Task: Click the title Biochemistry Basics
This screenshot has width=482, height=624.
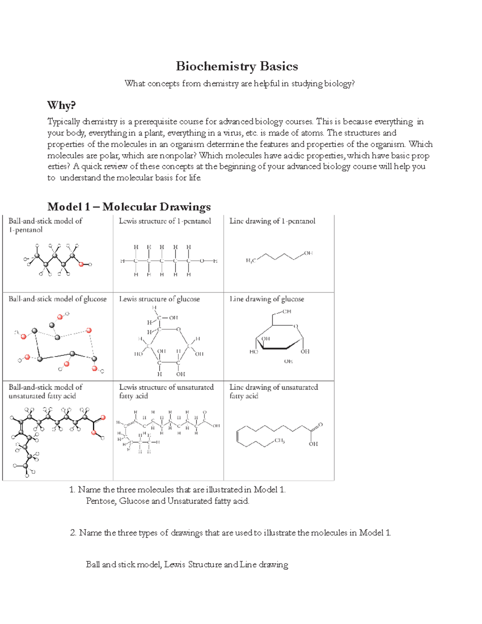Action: point(237,66)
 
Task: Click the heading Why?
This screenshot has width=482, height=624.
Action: point(61,105)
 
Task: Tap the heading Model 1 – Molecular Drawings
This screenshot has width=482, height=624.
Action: point(129,207)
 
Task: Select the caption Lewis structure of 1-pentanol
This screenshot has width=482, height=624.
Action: point(165,221)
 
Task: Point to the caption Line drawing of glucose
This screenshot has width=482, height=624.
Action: point(267,299)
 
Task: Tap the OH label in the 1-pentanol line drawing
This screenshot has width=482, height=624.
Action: point(308,253)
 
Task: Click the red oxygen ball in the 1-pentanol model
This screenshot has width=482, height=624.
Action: point(82,264)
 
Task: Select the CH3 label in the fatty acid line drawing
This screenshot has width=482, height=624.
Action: point(280,441)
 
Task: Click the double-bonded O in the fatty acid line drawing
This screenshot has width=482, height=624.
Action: point(320,425)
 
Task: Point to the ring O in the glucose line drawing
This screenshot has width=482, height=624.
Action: point(296,326)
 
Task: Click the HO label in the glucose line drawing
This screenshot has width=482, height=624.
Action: point(253,352)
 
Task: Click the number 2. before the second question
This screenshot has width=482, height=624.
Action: point(73,533)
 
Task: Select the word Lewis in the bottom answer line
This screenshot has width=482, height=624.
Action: point(175,565)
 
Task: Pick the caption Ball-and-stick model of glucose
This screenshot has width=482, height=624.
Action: point(57,299)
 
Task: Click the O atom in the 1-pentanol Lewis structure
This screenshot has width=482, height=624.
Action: point(202,261)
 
